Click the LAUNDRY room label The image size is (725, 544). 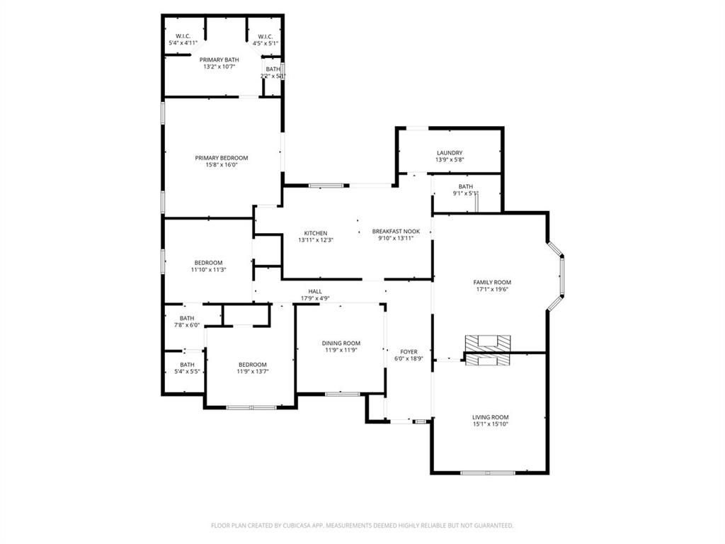[x=450, y=153]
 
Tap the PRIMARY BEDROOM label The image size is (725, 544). [x=222, y=158]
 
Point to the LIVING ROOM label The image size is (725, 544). [x=491, y=417]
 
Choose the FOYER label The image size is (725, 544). [x=409, y=351]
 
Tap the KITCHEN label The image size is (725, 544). [x=316, y=233]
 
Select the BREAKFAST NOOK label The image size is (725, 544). [x=396, y=232]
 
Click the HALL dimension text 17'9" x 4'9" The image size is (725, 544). [x=315, y=298]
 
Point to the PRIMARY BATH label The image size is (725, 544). [x=219, y=59]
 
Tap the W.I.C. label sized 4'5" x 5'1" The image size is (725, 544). [x=266, y=37]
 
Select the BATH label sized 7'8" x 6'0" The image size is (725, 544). [x=187, y=319]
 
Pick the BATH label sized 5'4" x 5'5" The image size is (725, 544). [x=187, y=364]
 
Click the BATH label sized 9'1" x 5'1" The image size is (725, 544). [x=465, y=186]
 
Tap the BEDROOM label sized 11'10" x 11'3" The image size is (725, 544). [x=208, y=263]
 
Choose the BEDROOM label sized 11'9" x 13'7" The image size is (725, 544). [x=252, y=364]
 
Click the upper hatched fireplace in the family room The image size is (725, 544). [x=487, y=343]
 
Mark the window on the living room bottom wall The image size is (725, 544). [x=488, y=472]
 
